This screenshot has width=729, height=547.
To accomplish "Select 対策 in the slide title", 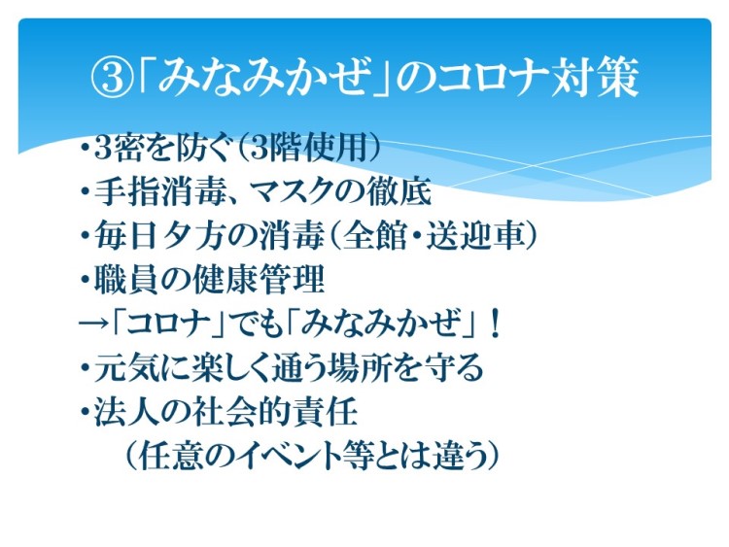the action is pos(594,78).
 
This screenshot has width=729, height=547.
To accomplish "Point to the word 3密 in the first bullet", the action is pos(117,149).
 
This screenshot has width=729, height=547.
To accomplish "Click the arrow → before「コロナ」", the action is pos(93,323).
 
